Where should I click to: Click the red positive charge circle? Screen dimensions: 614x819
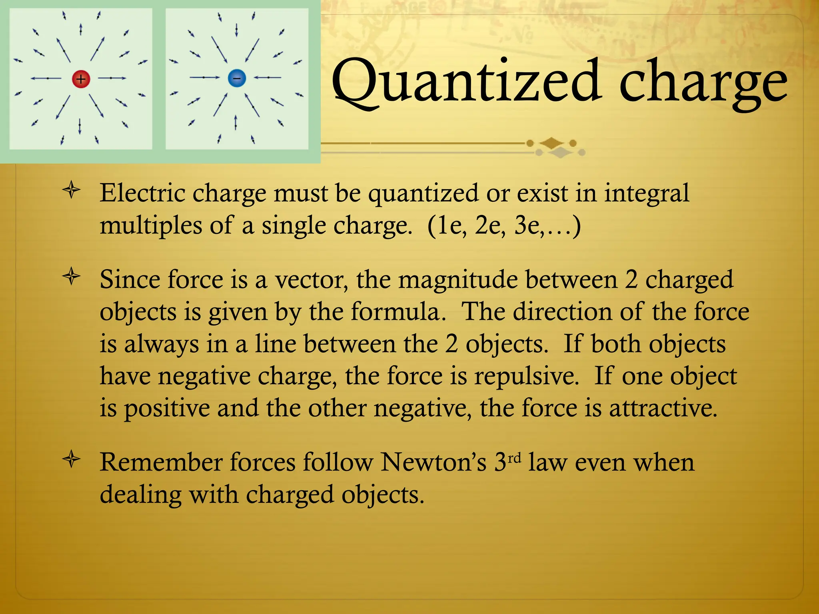click(81, 79)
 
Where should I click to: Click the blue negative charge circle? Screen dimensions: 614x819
click(237, 78)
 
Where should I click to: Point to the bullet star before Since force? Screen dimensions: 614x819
click(72, 277)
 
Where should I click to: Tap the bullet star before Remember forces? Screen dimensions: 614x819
click(72, 459)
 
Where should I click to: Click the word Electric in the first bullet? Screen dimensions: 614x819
click(142, 193)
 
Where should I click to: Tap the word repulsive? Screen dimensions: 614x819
click(526, 377)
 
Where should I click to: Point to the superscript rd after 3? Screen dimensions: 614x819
click(515, 457)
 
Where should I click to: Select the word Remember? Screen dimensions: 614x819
click(161, 462)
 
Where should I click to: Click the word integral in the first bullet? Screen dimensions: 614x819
click(646, 194)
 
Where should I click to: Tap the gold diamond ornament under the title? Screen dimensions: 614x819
click(552, 143)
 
